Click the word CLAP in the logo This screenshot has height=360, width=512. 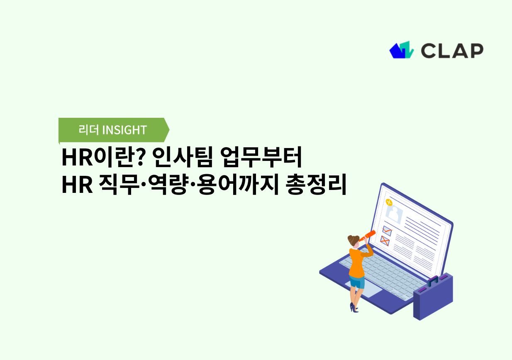[x=452, y=50]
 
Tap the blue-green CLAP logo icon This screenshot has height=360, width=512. [x=402, y=50]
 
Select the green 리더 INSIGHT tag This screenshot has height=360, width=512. [x=113, y=130]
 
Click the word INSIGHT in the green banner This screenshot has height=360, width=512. [x=124, y=130]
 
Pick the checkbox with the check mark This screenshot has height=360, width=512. [x=387, y=231]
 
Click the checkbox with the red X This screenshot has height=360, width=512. [x=385, y=241]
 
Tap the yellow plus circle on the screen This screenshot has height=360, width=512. [x=389, y=202]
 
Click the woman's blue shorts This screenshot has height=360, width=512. [x=357, y=282]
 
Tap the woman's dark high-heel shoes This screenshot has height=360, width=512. [x=354, y=308]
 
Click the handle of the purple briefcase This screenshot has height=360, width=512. [x=433, y=281]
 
